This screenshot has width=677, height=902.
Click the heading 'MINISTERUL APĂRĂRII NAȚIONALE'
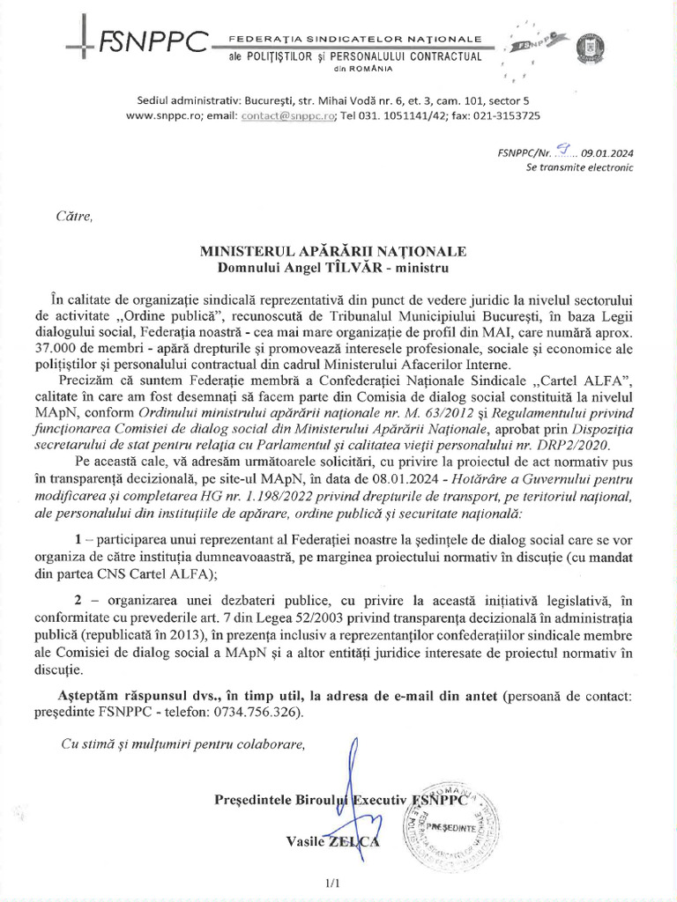click(332, 251)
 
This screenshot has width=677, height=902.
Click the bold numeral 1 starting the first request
click(79, 538)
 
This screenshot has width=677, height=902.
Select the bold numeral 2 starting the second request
click(79, 596)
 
